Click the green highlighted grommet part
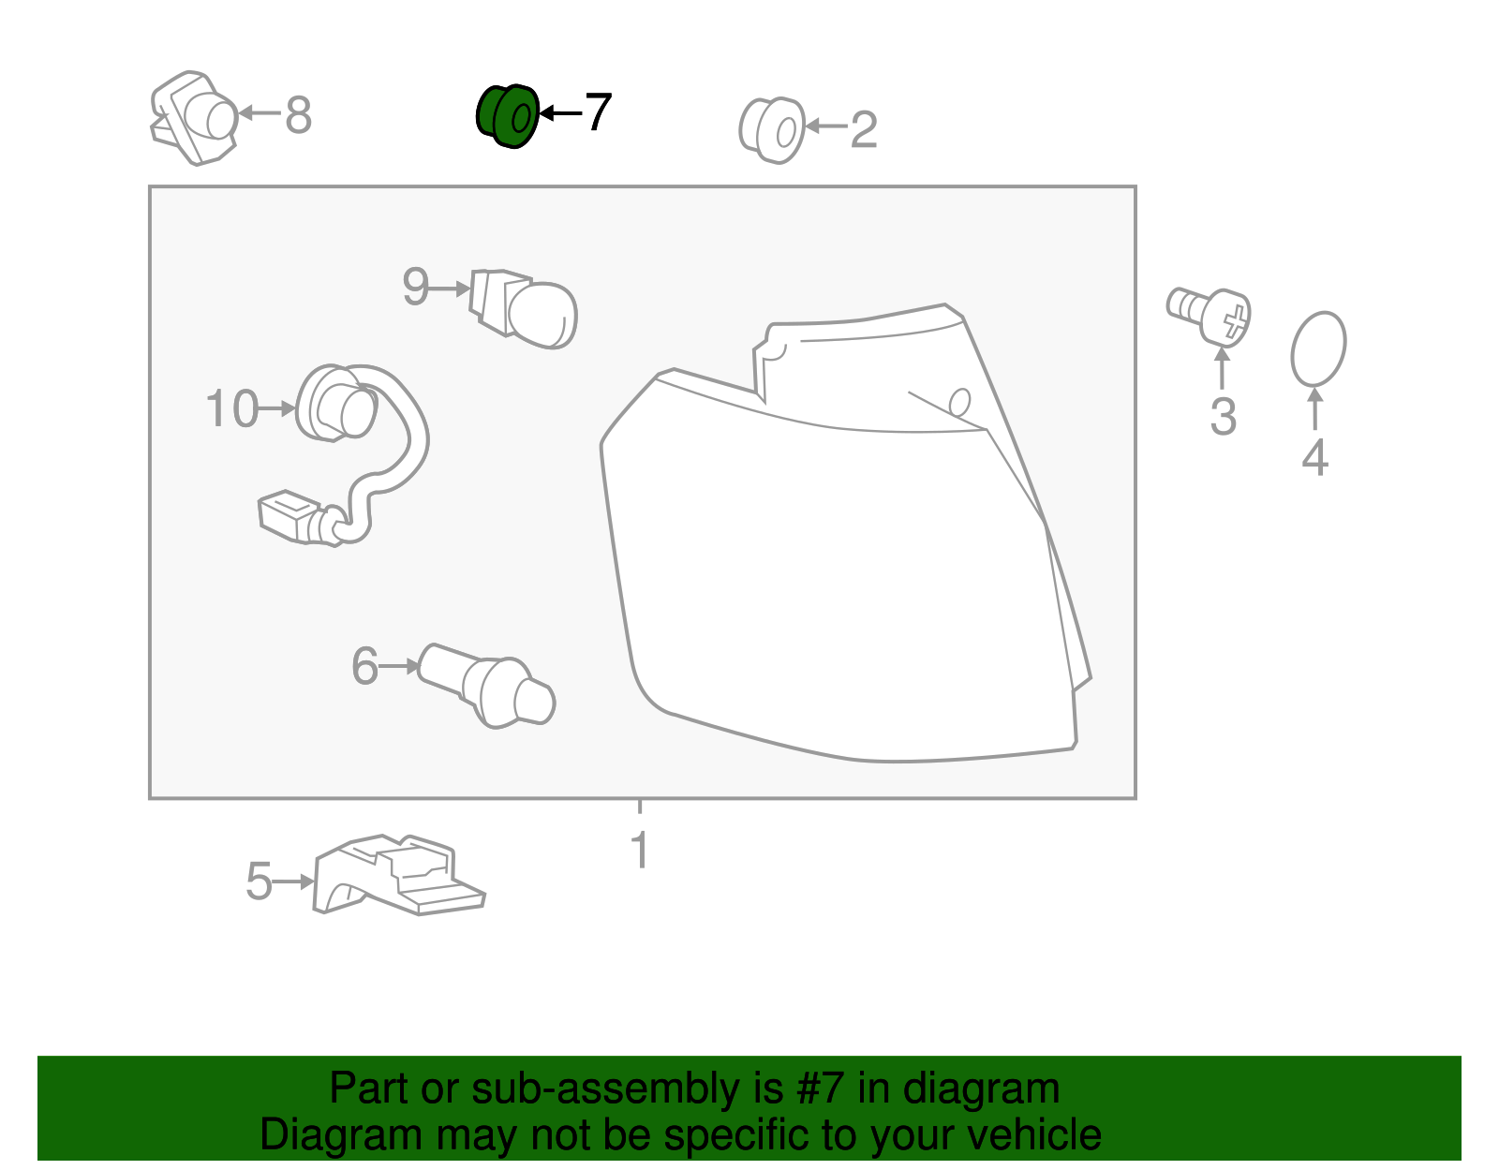click(508, 116)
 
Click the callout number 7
click(598, 112)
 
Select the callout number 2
click(864, 129)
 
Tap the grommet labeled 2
click(771, 130)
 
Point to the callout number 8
click(298, 115)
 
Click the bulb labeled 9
click(524, 308)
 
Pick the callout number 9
click(416, 286)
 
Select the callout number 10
click(232, 408)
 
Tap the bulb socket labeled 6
click(487, 686)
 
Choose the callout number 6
click(365, 666)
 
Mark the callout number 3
click(1223, 417)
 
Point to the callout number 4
click(1314, 457)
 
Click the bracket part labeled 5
click(399, 875)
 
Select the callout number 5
click(259, 881)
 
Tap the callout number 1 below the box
click(640, 850)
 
